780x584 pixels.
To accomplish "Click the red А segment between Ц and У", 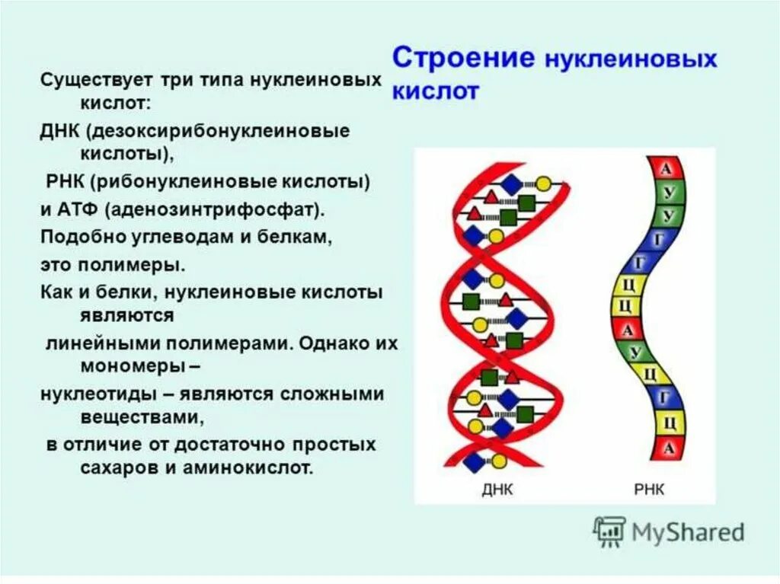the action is point(628,330).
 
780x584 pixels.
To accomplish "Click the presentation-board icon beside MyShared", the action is point(609,531).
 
